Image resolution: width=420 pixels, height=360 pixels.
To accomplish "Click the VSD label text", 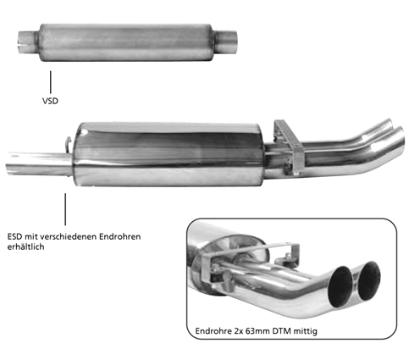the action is click(50, 101).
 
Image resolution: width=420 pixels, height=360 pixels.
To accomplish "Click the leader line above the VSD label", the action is click(51, 82).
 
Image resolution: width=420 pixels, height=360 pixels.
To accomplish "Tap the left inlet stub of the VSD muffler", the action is click(28, 42).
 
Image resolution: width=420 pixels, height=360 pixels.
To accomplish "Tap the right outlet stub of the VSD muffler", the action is click(225, 42).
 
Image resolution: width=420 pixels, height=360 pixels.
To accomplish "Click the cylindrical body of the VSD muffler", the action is click(126, 42).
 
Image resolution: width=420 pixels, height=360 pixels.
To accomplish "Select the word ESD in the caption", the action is click(14, 236).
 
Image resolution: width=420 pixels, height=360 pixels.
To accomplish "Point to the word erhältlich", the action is click(25, 246).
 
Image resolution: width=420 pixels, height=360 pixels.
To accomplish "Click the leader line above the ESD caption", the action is click(65, 209).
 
